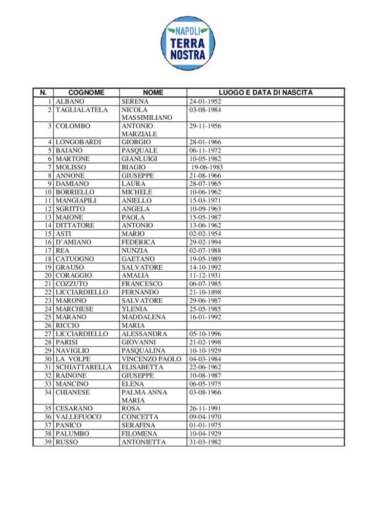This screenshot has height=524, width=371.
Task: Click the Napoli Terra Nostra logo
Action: (188, 43)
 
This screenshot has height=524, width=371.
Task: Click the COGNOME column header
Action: (86, 93)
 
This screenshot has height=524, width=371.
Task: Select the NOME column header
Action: (153, 93)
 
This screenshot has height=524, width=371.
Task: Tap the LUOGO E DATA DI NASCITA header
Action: (265, 93)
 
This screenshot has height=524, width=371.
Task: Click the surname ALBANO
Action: (69, 101)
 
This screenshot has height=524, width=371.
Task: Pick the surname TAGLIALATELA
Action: (82, 110)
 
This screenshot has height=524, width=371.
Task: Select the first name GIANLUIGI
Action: (139, 159)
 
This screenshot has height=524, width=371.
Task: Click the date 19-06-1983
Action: (207, 167)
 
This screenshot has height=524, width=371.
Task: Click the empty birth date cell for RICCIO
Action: (265, 325)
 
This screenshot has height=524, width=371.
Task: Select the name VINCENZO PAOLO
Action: (152, 359)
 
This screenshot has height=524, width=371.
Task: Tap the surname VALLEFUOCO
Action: (78, 417)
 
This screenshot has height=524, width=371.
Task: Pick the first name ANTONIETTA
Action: (144, 442)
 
